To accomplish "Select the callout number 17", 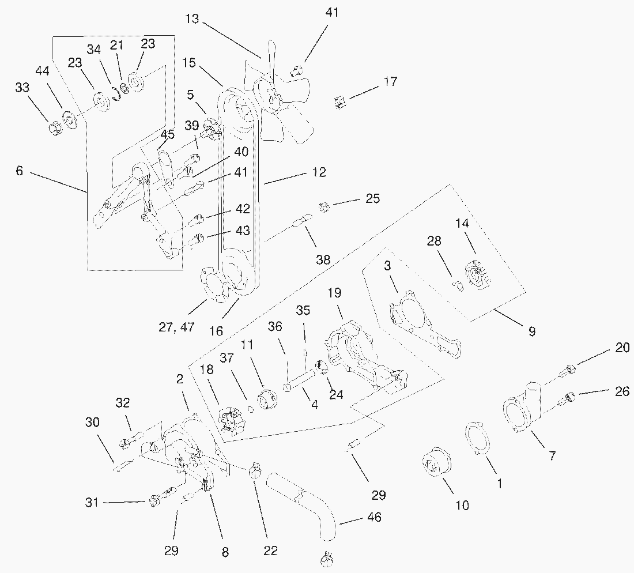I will click(390, 82).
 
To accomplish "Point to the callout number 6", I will click(19, 171).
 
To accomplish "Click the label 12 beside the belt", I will click(319, 172).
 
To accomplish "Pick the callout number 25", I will click(373, 199).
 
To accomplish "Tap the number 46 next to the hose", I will click(374, 517).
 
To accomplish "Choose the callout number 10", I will click(462, 506).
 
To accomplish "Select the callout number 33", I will click(22, 88).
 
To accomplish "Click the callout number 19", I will click(335, 293).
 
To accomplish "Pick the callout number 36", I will click(274, 327).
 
